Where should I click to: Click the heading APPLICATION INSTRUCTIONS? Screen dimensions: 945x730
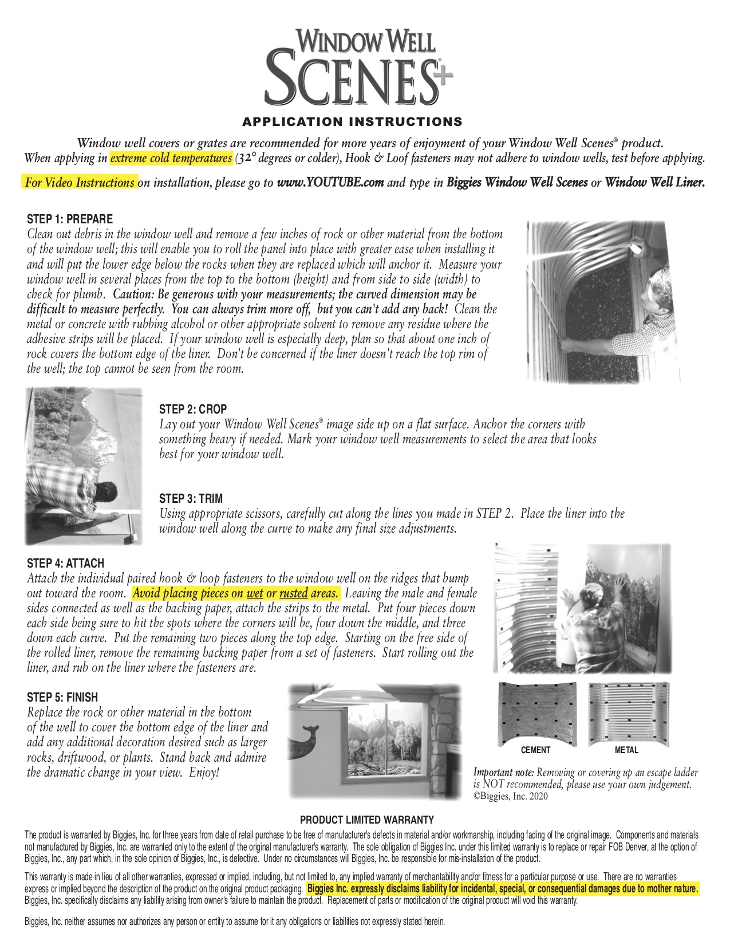click(x=352, y=121)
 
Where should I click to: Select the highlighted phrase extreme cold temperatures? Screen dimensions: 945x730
click(x=171, y=158)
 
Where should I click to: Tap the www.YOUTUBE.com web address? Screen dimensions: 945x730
click(x=330, y=183)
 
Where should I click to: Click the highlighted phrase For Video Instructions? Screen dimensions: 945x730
click(x=80, y=183)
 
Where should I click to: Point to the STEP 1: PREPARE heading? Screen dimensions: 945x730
click(x=70, y=219)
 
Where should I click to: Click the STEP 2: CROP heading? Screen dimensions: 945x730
click(x=193, y=409)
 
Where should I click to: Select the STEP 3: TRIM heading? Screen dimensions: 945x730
click(x=191, y=498)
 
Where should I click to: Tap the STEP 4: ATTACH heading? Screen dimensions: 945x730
click(x=66, y=564)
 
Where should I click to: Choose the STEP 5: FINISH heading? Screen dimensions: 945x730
click(x=62, y=698)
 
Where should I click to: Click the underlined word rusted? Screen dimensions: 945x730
click(x=294, y=593)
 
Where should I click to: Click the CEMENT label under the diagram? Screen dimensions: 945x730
click(x=535, y=750)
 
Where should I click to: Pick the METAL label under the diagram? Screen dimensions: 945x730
click(x=626, y=750)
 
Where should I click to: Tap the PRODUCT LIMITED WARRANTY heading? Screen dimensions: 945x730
click(x=367, y=820)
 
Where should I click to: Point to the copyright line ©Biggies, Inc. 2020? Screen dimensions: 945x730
click(x=510, y=796)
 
